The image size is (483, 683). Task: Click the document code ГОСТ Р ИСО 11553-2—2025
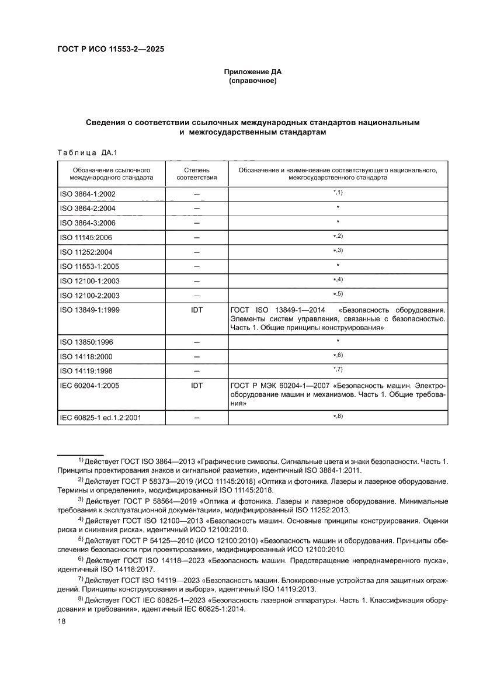(x=110, y=50)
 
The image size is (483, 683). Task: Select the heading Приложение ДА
(x=252, y=72)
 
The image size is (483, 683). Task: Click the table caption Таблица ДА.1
(x=87, y=154)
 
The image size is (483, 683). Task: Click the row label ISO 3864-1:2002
(x=87, y=193)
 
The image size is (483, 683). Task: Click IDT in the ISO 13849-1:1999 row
(x=197, y=310)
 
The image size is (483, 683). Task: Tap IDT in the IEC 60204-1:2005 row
(x=197, y=386)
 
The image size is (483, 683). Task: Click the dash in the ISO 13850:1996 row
(x=197, y=341)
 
